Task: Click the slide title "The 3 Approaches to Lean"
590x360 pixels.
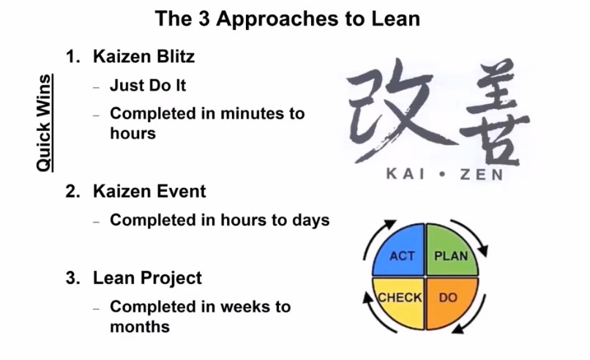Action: tap(288, 18)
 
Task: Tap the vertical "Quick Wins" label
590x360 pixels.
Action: tap(45, 123)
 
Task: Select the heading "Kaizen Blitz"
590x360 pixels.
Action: tap(143, 56)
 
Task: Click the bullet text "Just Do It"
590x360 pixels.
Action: tap(148, 86)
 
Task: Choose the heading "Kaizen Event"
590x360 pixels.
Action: tap(149, 191)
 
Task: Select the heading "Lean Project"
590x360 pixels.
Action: tap(147, 278)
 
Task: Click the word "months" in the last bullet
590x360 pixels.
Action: tap(140, 326)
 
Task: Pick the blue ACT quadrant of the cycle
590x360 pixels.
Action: tap(399, 250)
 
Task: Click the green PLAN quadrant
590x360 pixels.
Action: tap(452, 250)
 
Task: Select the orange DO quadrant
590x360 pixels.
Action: tap(452, 303)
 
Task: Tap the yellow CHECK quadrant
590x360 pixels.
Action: tap(399, 303)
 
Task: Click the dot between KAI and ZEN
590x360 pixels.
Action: tap(442, 174)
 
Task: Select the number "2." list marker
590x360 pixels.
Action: tap(72, 192)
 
